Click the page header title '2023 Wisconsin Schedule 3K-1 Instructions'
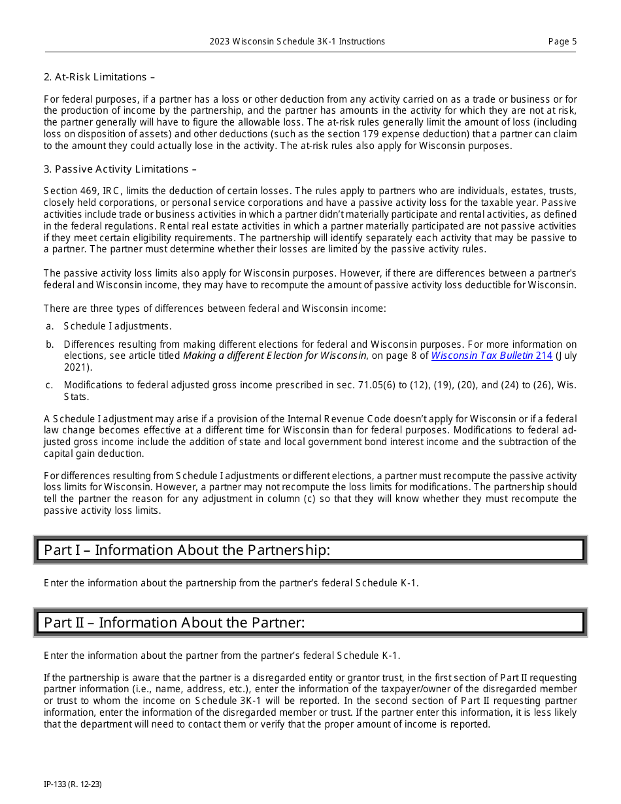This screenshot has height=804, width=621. pos(297,42)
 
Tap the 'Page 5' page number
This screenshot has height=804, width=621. pos(562,42)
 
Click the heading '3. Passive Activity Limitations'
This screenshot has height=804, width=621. pos(120,169)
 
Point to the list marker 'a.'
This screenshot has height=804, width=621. pos(49,326)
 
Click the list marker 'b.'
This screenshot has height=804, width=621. pos(50,344)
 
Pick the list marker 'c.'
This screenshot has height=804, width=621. pos(49,386)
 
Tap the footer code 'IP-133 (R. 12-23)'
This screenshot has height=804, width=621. pos(73,784)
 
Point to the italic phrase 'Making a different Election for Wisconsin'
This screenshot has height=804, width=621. pos(275,356)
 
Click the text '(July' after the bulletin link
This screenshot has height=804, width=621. pos(566,356)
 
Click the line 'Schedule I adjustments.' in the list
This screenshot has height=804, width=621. pos(118,326)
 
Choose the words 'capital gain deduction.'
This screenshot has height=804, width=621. pos(93,454)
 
